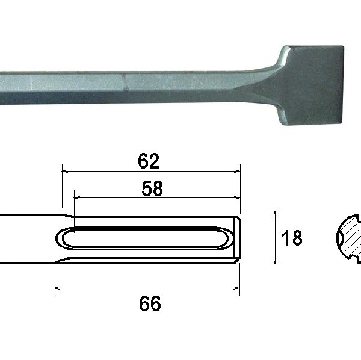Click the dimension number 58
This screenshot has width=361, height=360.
click(x=152, y=188)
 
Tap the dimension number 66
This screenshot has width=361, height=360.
click(x=149, y=304)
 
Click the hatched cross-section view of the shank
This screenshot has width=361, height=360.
click(x=347, y=238)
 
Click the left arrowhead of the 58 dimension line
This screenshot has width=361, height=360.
click(x=76, y=196)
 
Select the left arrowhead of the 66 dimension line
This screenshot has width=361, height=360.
click(x=57, y=287)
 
